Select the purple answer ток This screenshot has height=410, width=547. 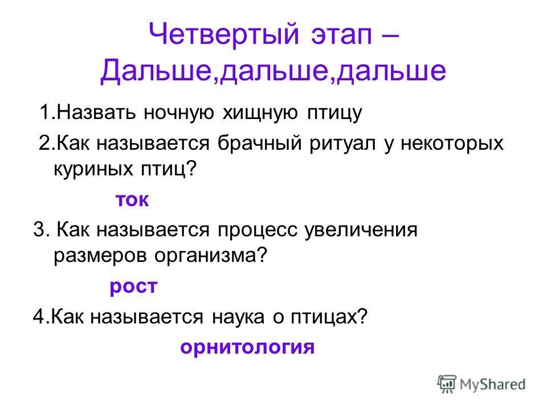pos(132,199)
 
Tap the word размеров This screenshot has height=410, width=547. pos(99,257)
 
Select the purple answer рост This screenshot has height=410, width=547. pos(133,286)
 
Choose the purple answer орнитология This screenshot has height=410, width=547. pos(247,347)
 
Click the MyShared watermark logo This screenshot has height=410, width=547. pos(481,383)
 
